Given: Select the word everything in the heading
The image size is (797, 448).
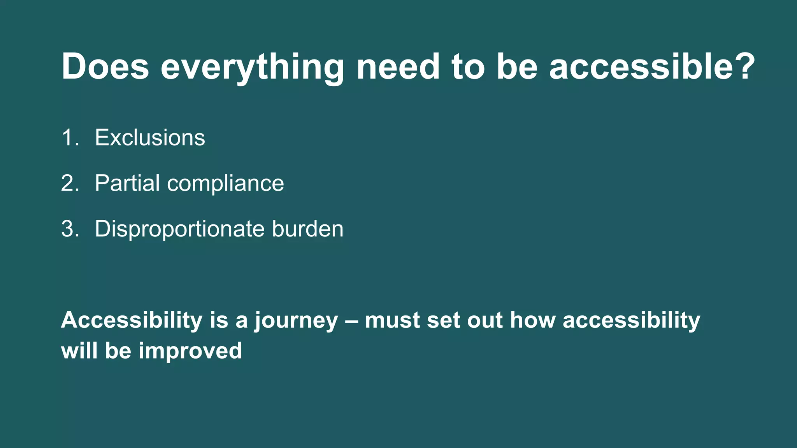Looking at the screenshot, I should pyautogui.click(x=252, y=68).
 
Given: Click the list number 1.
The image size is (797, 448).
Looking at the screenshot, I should pyautogui.click(x=69, y=138).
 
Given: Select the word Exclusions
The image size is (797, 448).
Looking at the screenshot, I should pyautogui.click(x=150, y=138).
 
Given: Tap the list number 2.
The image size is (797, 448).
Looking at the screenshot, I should pyautogui.click(x=70, y=183).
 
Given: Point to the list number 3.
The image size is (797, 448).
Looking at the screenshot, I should pyautogui.click(x=70, y=229).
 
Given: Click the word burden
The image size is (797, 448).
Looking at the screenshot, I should pyautogui.click(x=308, y=229).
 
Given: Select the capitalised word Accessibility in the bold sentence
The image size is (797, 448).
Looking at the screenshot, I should pyautogui.click(x=132, y=320).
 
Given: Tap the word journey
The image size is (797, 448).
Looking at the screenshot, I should pyautogui.click(x=297, y=321).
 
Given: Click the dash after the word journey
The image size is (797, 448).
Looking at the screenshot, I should pyautogui.click(x=351, y=321).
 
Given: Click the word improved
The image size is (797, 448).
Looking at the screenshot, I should pyautogui.click(x=190, y=351).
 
